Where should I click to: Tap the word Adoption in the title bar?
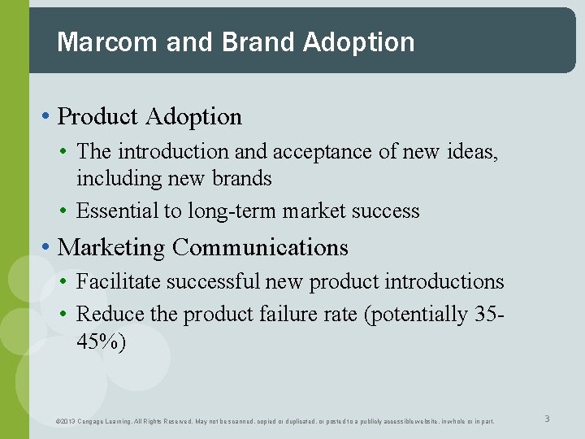pyautogui.click(x=358, y=42)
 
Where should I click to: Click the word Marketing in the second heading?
pyautogui.click(x=111, y=247)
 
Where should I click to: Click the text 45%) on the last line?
pyautogui.click(x=101, y=341)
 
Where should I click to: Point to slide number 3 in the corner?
pyautogui.click(x=547, y=419)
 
